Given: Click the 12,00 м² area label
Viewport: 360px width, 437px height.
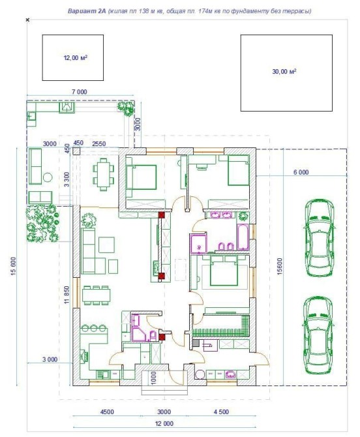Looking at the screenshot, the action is pyautogui.click(x=76, y=58).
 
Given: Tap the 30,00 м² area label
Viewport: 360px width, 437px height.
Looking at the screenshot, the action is pyautogui.click(x=284, y=72).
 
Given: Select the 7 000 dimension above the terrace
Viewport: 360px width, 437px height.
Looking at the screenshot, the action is pyautogui.click(x=80, y=92).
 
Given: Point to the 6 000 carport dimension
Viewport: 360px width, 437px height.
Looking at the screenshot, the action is pyautogui.click(x=301, y=172).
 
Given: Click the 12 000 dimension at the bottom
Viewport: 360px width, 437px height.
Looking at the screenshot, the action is pyautogui.click(x=164, y=423).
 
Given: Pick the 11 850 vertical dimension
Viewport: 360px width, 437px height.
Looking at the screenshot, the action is pyautogui.click(x=67, y=295).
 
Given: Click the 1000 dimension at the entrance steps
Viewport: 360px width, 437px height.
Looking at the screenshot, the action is pyautogui.click(x=153, y=378).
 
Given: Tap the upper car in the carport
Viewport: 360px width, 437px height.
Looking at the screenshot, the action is pyautogui.click(x=318, y=237).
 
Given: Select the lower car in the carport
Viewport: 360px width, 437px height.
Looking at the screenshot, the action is pyautogui.click(x=318, y=335).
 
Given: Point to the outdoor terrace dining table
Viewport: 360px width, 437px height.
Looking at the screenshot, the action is pyautogui.click(x=104, y=174).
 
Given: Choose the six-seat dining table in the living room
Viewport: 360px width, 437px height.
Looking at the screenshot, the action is pyautogui.click(x=96, y=295).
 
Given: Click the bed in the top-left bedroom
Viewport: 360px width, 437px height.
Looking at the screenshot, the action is pyautogui.click(x=141, y=177).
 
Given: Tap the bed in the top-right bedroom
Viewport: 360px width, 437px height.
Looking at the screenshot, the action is pyautogui.click(x=239, y=170).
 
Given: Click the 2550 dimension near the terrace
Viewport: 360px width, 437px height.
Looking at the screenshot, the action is pyautogui.click(x=99, y=143).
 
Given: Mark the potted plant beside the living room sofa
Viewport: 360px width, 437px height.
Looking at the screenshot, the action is pyautogui.click(x=89, y=220).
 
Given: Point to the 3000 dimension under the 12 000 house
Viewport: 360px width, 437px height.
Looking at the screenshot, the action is pyautogui.click(x=164, y=412).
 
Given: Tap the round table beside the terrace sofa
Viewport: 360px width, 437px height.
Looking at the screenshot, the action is pyautogui.click(x=48, y=177).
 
